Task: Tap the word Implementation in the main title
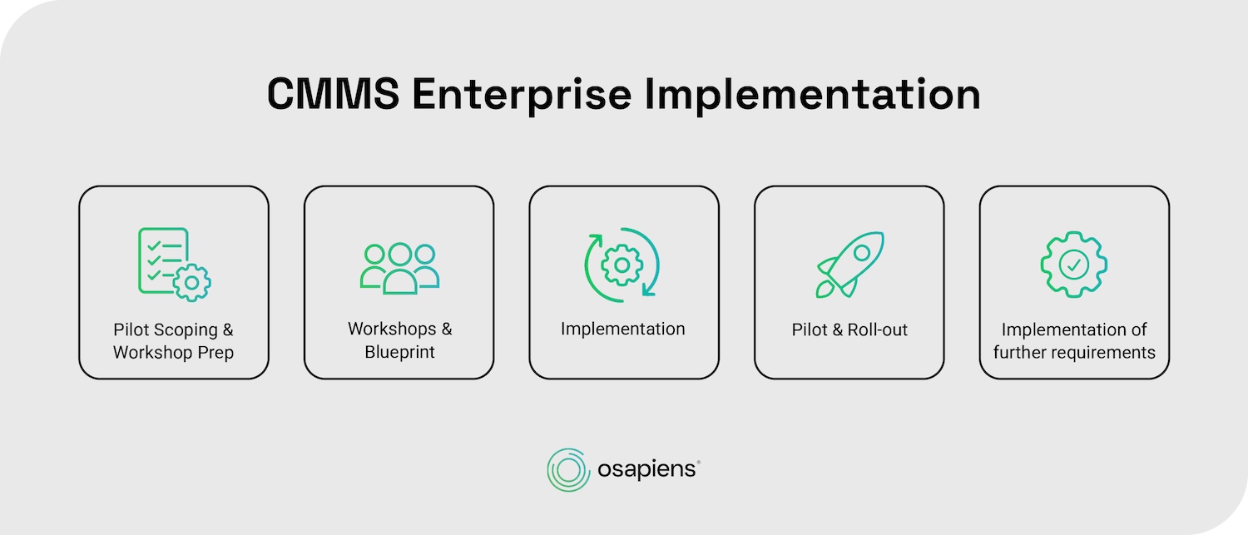[x=814, y=95]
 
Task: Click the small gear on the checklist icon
[x=192, y=283]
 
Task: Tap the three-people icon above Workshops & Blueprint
[x=399, y=266]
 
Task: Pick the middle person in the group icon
[x=400, y=268]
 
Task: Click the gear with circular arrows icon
[x=622, y=265]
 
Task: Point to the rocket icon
[x=849, y=265]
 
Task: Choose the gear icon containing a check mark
[x=1074, y=265]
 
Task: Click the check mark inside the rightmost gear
[x=1074, y=265]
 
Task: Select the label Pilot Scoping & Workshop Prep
[x=173, y=341]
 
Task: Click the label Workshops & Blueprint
[x=399, y=340]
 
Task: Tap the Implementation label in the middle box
[x=622, y=329]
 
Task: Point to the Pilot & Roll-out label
[x=849, y=330]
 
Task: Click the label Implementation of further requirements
[x=1074, y=341]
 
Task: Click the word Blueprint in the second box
[x=399, y=352]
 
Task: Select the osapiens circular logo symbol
[x=568, y=470]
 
